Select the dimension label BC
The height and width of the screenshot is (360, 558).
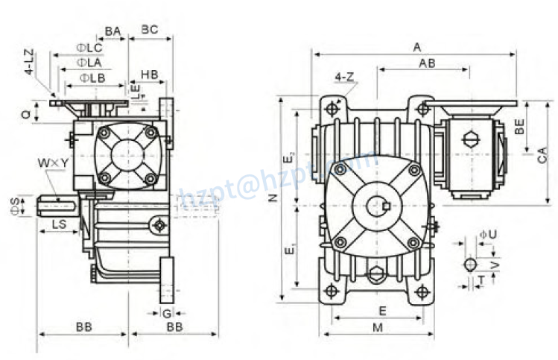[x=150, y=30]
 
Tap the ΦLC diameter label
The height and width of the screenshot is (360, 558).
[x=89, y=48]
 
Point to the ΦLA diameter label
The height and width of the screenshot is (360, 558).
[x=89, y=63]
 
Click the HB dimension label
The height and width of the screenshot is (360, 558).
[x=149, y=75]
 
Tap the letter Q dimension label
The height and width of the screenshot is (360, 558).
[x=25, y=114]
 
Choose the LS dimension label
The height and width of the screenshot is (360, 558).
[x=60, y=224]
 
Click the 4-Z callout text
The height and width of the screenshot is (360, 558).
[x=343, y=77]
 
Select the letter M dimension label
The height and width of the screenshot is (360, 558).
[x=378, y=327]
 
